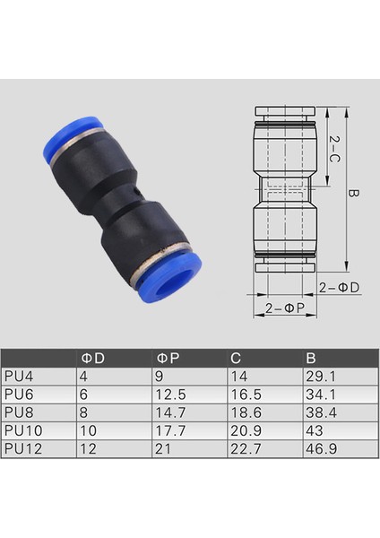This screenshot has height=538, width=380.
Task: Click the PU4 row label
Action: [x=19, y=377]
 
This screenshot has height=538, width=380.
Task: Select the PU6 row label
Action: [x=19, y=395]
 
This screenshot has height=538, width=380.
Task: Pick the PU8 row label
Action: [x=19, y=412]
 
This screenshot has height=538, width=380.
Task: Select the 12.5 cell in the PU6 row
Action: [x=171, y=395]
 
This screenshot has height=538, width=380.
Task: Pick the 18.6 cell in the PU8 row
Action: [x=244, y=412]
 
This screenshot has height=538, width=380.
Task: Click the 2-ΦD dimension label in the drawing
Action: [x=340, y=288]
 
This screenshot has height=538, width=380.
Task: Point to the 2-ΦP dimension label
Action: [x=284, y=308]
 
